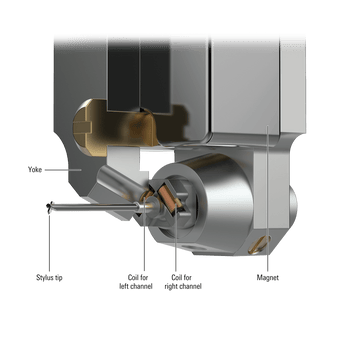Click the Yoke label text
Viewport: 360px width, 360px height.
point(35,170)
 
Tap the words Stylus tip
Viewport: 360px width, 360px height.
point(49,277)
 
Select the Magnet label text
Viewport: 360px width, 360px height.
point(268,277)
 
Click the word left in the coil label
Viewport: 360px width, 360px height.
point(125,286)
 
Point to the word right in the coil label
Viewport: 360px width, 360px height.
point(172,286)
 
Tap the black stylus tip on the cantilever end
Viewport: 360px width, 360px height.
point(50,207)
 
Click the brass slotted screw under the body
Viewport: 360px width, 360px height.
point(259,244)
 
